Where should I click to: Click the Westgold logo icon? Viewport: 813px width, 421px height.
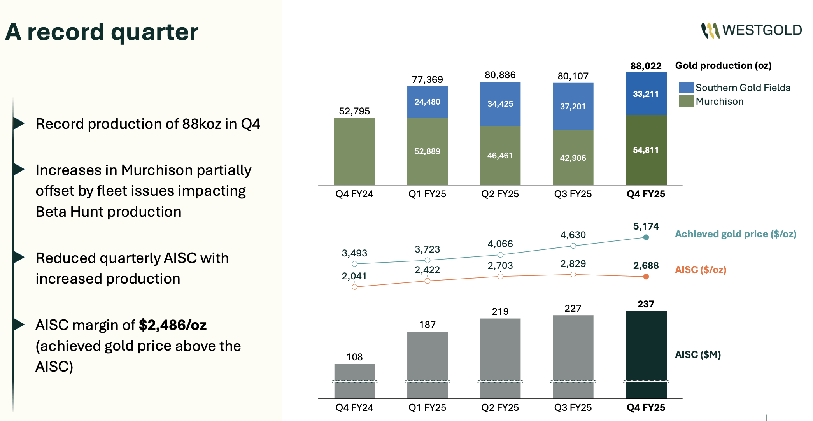click(710, 30)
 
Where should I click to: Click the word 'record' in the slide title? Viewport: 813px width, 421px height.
click(66, 32)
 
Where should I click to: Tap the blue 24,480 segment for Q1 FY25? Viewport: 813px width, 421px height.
click(427, 102)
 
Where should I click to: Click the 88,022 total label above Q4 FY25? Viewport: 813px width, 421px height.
click(646, 66)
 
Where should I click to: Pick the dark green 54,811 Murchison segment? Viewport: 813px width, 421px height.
click(646, 150)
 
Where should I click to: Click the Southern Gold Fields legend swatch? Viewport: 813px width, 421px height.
click(686, 87)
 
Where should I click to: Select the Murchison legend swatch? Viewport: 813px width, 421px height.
click(686, 101)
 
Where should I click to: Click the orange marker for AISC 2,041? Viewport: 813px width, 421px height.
click(354, 287)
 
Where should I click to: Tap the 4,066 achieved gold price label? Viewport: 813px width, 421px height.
click(500, 244)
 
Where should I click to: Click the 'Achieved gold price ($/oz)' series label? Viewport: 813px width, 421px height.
click(735, 234)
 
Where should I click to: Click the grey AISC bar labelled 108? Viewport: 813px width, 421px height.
click(354, 379)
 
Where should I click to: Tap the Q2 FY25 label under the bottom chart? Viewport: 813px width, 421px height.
click(500, 407)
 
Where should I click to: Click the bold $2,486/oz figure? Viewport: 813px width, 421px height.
click(173, 325)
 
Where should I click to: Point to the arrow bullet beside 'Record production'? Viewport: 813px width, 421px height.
click(18, 123)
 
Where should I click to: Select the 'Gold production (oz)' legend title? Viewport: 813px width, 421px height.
click(723, 65)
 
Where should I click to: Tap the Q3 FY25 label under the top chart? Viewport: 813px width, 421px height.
click(573, 194)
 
